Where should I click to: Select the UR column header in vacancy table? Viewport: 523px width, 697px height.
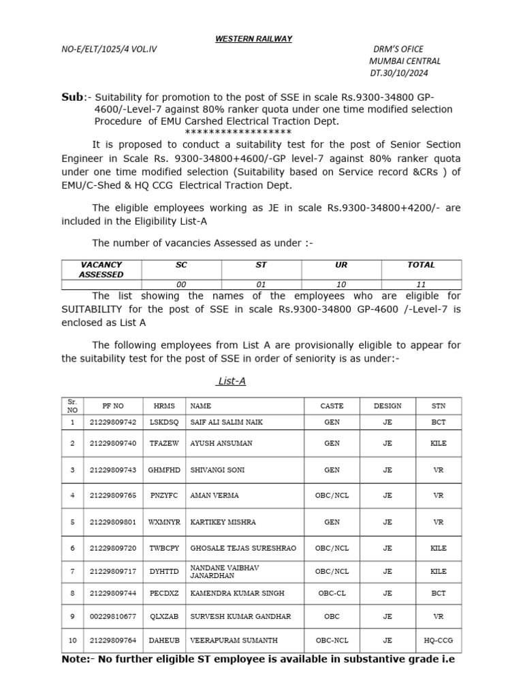(341, 265)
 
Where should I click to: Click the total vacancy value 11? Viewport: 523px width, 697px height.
(420, 285)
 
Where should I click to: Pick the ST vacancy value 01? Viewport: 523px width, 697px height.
(261, 285)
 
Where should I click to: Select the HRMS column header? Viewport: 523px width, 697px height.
(163, 406)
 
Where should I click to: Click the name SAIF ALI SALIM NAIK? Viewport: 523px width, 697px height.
(226, 423)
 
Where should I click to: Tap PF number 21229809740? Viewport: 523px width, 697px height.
(113, 443)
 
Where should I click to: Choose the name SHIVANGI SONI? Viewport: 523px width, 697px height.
(218, 470)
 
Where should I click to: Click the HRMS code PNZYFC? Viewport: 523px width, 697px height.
(164, 496)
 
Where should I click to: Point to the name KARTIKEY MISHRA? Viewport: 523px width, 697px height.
(223, 522)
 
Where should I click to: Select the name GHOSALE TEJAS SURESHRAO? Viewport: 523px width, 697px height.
(243, 548)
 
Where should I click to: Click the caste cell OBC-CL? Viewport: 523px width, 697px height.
(332, 594)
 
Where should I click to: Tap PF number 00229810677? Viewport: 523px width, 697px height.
(113, 617)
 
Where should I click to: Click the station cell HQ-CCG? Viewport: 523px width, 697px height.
(438, 641)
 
